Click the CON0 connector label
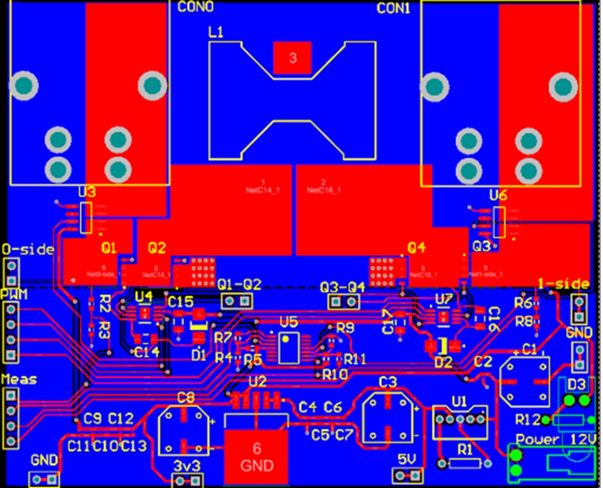click(x=196, y=7)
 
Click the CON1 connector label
click(x=393, y=8)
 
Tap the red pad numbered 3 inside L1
click(x=293, y=58)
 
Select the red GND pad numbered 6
click(x=256, y=457)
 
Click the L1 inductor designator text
click(x=216, y=33)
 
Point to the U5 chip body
click(x=288, y=348)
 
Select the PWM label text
click(x=13, y=293)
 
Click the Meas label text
click(x=18, y=379)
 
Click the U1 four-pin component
click(x=459, y=420)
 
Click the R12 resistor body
click(x=568, y=420)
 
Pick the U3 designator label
click(x=87, y=193)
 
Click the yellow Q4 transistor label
click(x=416, y=248)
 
